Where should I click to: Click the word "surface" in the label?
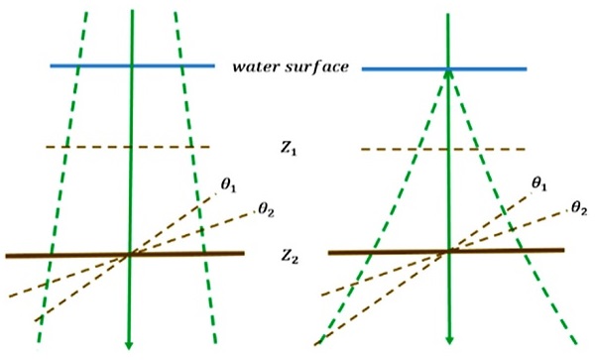(314, 67)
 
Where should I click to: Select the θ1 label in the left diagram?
(228, 185)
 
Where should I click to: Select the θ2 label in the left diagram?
(265, 208)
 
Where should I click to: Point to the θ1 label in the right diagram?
(540, 184)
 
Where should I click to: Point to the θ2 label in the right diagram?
(578, 208)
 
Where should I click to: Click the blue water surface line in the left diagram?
(89, 66)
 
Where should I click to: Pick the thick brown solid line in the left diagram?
(59, 255)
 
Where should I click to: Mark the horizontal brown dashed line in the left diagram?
(79, 148)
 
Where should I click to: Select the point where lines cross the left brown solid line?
(130, 254)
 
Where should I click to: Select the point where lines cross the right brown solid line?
(449, 251)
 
